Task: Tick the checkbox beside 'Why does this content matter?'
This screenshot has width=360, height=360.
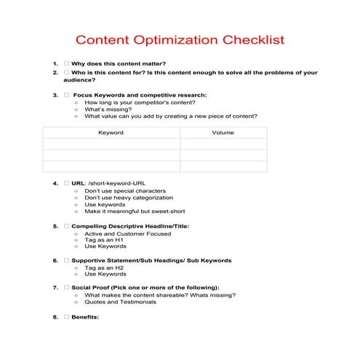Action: (66, 63)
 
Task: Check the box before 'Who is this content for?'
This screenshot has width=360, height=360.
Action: (66, 73)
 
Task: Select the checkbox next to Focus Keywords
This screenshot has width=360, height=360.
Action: (66, 95)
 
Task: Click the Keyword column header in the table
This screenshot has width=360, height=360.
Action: (111, 133)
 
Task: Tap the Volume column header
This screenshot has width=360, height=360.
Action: (223, 133)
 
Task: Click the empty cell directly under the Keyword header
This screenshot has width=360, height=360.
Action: (111, 144)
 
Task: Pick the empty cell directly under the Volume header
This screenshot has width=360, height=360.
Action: (223, 144)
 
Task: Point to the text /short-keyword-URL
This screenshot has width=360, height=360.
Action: (112, 183)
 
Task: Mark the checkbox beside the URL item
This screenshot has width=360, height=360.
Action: (66, 183)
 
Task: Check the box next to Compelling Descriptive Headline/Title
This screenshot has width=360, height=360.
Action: (66, 226)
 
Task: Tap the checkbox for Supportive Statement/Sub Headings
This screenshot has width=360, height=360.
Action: (66, 260)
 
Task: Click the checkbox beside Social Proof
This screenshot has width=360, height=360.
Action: (66, 288)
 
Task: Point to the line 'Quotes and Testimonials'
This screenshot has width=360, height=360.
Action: (120, 303)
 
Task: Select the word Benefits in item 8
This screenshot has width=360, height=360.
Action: (85, 317)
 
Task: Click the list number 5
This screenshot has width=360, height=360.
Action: (55, 226)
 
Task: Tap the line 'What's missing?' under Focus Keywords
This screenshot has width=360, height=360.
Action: (107, 109)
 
